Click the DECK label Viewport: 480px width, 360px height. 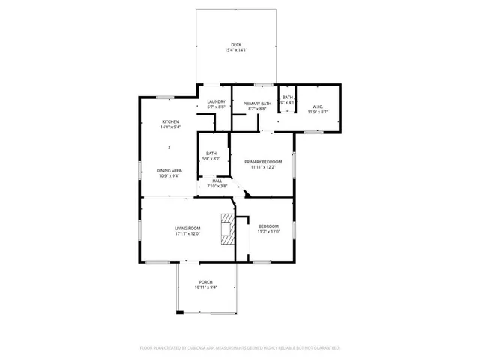[236, 44]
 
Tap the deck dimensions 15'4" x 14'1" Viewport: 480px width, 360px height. [236, 50]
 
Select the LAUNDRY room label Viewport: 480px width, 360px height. [217, 102]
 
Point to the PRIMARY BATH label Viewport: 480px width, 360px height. [257, 103]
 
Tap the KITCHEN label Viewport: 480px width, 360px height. [170, 121]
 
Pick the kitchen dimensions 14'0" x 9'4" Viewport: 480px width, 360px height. [170, 127]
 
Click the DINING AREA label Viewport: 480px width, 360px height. [169, 170]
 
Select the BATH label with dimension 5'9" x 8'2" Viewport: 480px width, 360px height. [212, 154]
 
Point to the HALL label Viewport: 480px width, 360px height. [217, 180]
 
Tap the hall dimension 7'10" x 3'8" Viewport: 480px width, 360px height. [217, 186]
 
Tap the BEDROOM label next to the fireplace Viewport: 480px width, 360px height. [268, 226]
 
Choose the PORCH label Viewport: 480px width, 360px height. [206, 281]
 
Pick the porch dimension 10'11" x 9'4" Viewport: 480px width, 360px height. [206, 287]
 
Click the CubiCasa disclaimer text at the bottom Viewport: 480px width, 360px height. [240, 348]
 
